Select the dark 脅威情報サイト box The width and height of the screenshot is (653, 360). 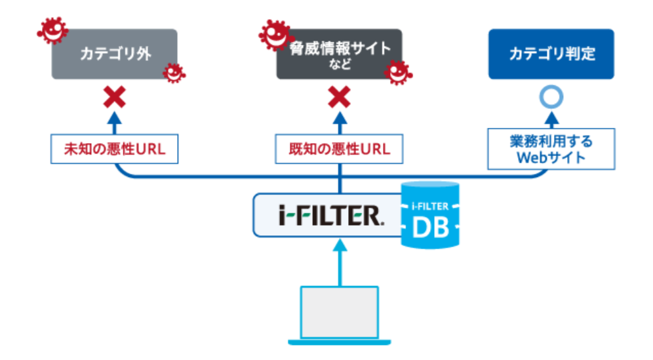tap(339, 54)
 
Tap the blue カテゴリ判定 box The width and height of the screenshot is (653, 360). tap(551, 54)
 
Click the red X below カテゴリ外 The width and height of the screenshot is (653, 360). tap(115, 98)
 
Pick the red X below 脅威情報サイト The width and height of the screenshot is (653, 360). tap(340, 98)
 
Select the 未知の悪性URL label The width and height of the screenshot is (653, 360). tap(115, 149)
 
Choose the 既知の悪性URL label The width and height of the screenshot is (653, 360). tap(340, 149)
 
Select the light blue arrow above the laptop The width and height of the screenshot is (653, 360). tap(340, 262)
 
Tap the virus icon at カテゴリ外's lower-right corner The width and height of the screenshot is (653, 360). tap(174, 71)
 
